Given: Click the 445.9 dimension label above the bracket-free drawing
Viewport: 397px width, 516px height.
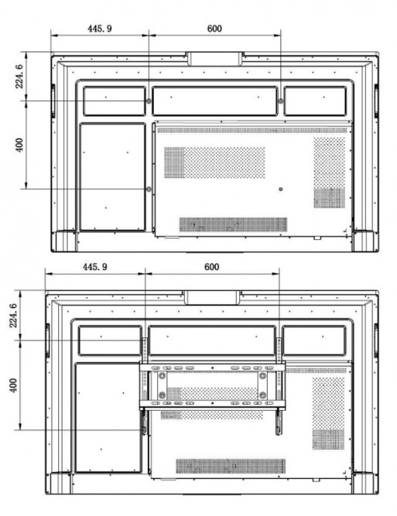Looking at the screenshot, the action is pos(99,29).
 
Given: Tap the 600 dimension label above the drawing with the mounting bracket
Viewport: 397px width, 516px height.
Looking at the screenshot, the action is pos(211,267).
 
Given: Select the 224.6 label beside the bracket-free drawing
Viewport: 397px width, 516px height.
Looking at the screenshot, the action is pos(19,77).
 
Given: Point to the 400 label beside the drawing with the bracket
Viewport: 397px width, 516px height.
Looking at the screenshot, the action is pos(13,385).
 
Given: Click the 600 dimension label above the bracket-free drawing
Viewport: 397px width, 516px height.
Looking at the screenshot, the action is pos(214,29).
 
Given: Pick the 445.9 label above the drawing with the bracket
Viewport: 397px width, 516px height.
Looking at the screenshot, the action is pos(95,267).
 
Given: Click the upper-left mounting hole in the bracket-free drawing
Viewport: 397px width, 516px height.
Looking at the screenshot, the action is pos(149,101).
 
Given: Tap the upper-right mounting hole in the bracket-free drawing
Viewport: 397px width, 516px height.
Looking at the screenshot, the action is pos(280,101).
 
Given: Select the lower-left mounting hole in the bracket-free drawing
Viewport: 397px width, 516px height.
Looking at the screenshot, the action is pos(149,190).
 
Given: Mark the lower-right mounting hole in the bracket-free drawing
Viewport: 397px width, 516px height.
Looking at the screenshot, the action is pos(280,190).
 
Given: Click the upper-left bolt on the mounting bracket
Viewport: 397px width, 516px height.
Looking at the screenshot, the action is pos(162,375).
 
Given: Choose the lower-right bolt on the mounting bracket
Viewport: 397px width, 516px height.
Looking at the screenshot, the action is pos(262,395).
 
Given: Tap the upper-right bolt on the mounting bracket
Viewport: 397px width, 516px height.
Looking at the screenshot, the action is pos(262,375).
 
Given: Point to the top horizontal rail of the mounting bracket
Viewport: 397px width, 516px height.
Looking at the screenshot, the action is pos(212,367).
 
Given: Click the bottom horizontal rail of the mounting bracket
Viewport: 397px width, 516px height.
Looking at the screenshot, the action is pos(212,404).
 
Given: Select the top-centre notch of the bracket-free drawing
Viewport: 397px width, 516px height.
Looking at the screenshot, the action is pos(214,60).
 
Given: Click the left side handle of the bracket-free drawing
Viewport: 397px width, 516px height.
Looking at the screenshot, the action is pos(53,101).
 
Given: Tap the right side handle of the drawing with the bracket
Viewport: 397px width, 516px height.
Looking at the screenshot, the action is pos(376,340).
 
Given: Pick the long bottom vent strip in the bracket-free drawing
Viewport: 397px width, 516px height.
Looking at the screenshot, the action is pos(233,224).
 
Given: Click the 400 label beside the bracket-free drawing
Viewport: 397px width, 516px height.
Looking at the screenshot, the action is pos(19,145).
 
